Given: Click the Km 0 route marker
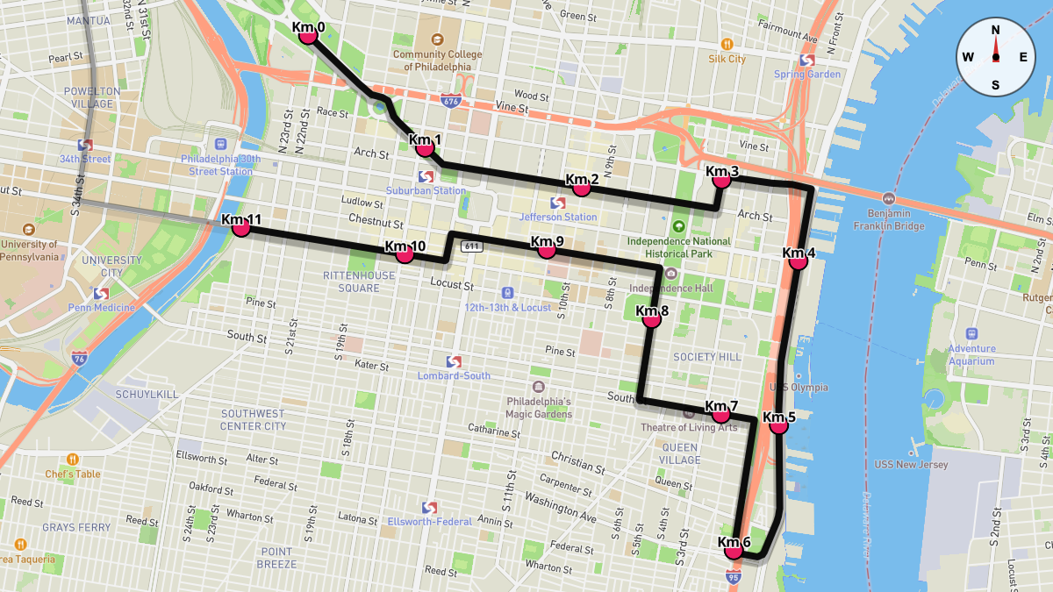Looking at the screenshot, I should (308, 35).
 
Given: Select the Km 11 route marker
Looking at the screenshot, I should (241, 227).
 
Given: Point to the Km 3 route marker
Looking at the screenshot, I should (722, 179).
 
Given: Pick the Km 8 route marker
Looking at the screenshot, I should (651, 319).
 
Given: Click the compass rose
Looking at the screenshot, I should (995, 56).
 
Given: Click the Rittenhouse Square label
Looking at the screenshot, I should (351, 282).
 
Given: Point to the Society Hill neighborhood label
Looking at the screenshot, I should (706, 357).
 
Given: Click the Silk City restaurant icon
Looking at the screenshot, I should (727, 44).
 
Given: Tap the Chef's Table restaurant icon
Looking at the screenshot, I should (72, 459).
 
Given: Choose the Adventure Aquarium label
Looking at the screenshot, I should (971, 354).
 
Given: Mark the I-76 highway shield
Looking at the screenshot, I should (80, 359).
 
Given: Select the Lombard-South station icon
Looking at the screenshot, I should (454, 361).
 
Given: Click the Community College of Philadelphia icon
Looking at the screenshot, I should (437, 39).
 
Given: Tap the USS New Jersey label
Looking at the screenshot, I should (911, 465).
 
